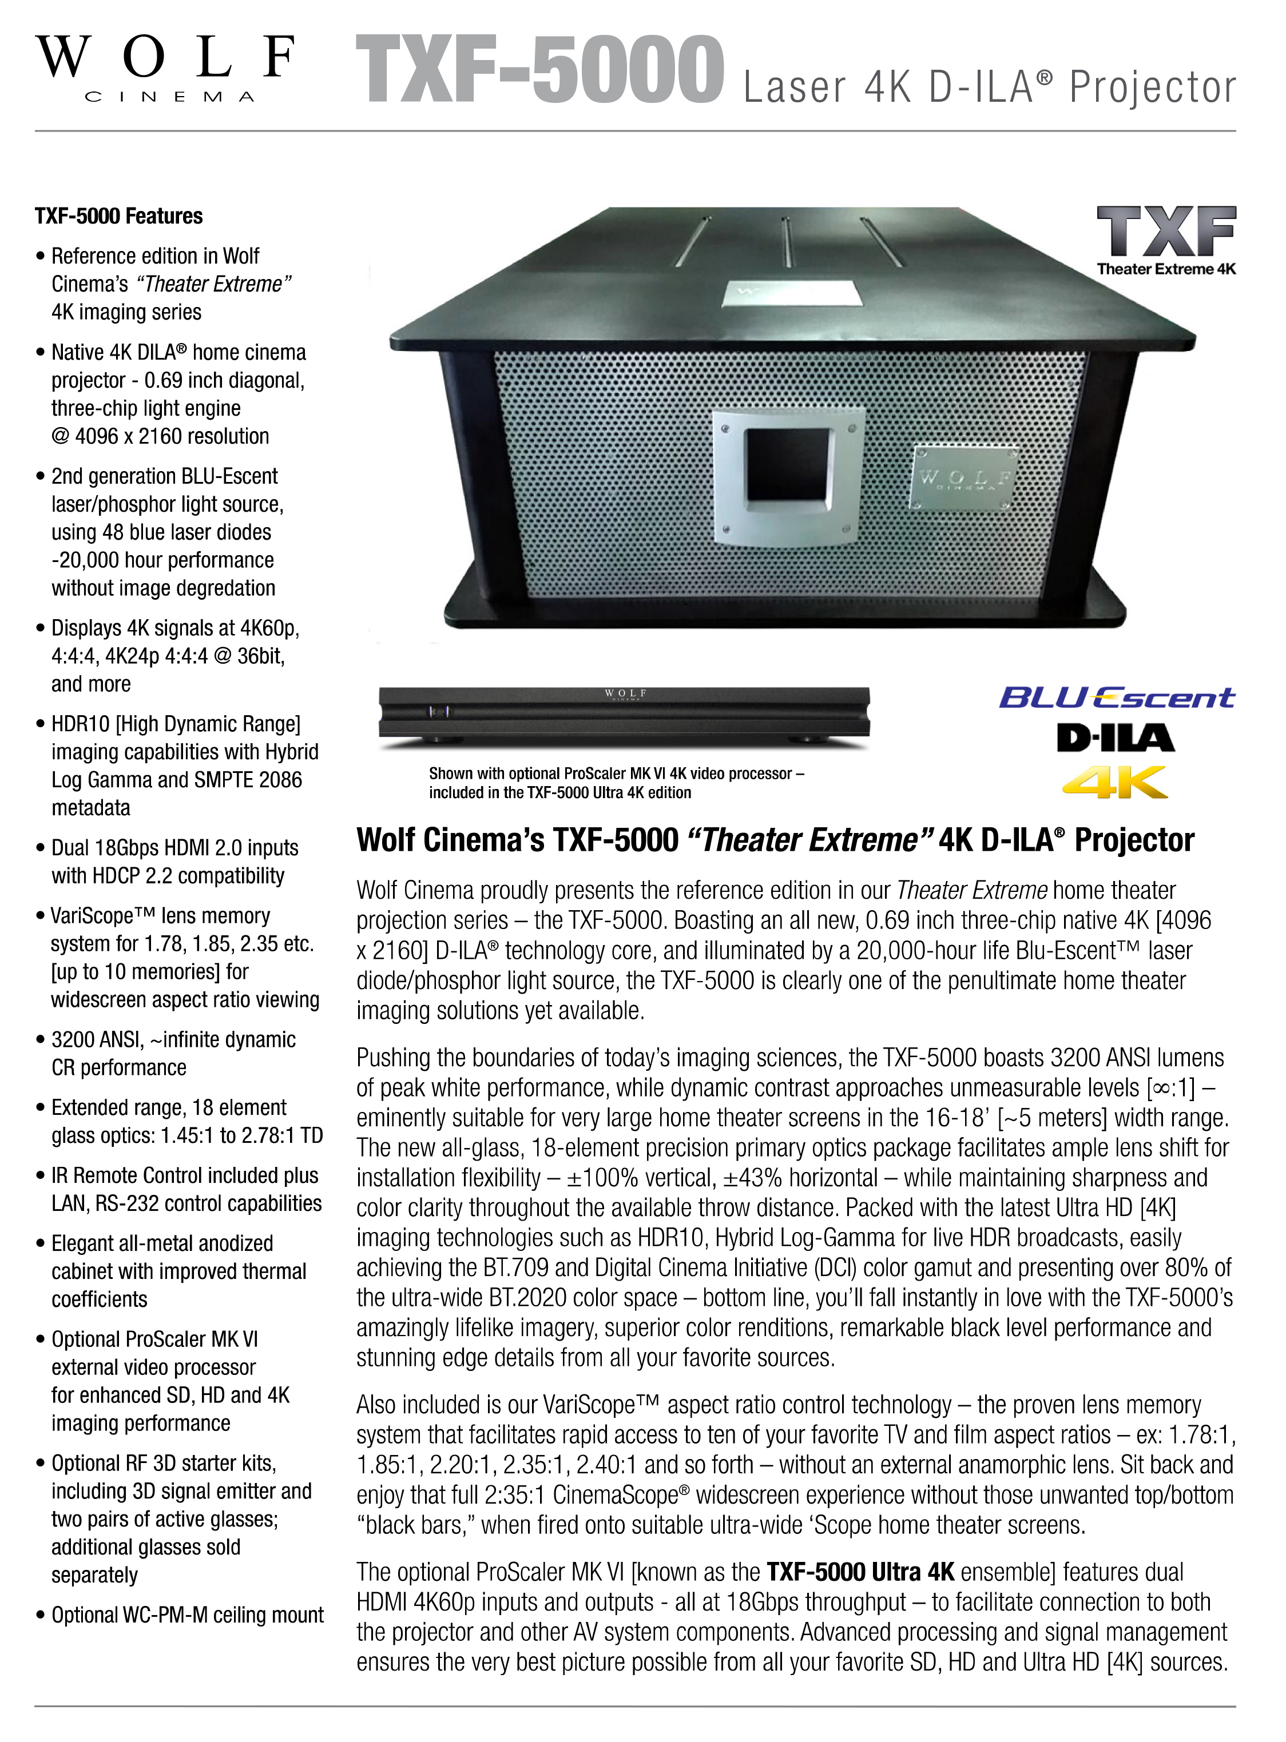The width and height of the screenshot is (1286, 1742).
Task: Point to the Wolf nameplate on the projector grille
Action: pyautogui.click(x=965, y=479)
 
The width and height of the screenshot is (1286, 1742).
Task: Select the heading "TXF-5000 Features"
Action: pyautogui.click(x=118, y=216)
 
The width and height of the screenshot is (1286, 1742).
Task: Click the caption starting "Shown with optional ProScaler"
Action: pyautogui.click(x=617, y=783)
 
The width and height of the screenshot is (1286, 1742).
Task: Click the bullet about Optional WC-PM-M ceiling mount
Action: pyautogui.click(x=187, y=1615)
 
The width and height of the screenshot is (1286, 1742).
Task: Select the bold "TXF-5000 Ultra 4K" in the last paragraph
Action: pyautogui.click(x=860, y=1572)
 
